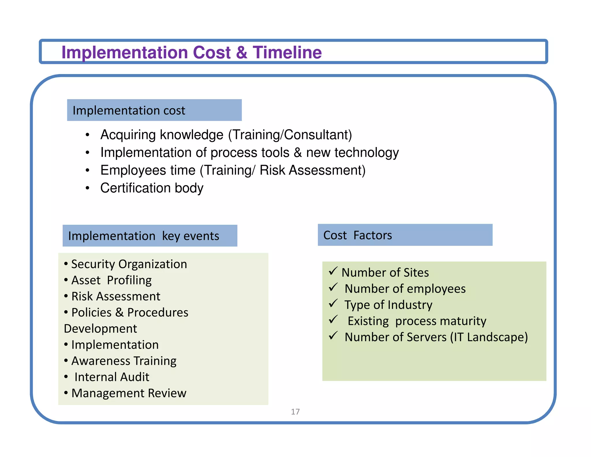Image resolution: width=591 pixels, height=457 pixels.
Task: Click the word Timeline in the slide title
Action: point(287,53)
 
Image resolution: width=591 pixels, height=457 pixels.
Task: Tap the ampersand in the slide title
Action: point(242,53)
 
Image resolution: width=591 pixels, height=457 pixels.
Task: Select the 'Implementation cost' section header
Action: point(129,111)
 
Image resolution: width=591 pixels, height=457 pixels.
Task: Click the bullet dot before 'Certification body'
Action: point(87,188)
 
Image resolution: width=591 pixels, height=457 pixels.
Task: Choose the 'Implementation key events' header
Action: point(144,236)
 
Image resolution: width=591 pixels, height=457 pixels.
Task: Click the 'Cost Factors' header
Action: point(358,235)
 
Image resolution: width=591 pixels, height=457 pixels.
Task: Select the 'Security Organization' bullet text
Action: point(129,264)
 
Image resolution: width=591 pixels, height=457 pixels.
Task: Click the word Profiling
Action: point(129,280)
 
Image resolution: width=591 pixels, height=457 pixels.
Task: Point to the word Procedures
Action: point(158,313)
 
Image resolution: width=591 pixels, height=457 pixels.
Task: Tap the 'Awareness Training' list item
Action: point(124,361)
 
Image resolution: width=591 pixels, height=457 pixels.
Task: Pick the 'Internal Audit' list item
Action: point(112,377)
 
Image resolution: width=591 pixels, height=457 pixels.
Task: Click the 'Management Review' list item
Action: point(129,393)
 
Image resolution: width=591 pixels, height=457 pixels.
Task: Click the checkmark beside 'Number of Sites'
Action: point(333,271)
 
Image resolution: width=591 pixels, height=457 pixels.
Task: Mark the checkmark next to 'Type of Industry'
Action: point(333,303)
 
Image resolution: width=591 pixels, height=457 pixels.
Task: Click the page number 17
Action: point(295,412)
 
